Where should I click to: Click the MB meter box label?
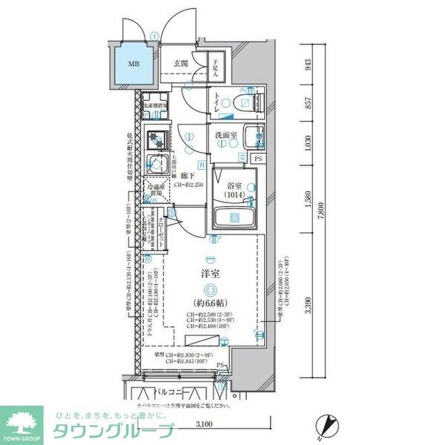(134, 64)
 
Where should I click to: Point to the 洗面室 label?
(225, 136)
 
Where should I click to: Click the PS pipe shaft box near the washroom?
(258, 158)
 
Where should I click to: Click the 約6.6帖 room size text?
(212, 304)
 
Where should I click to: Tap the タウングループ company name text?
(111, 431)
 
